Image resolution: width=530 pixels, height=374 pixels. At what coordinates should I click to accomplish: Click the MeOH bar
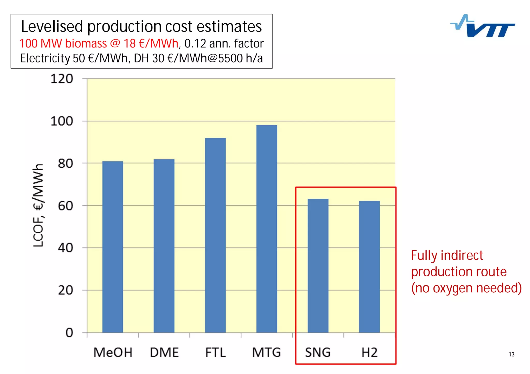113,247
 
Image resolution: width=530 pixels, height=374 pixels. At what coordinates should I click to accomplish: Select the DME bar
164,245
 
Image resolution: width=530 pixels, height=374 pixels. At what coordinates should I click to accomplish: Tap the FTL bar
215,235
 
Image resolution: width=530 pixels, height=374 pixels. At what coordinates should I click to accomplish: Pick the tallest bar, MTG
267,229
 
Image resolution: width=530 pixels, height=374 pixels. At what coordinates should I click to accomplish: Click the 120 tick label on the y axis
62,79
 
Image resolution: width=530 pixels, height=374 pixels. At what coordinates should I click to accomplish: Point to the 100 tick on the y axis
62,121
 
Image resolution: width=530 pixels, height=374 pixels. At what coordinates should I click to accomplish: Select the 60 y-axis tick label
65,206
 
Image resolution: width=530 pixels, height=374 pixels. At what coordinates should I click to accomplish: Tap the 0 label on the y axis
69,333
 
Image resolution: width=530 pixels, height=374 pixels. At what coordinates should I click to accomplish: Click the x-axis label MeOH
113,353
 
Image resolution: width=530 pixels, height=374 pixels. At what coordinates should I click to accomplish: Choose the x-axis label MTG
266,353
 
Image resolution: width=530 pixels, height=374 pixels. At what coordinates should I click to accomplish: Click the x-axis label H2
369,353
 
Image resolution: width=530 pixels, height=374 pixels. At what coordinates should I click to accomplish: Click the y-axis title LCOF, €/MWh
38,205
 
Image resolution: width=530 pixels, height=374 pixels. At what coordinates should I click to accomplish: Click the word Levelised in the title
52,27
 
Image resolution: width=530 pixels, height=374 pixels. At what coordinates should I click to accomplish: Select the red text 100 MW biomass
63,43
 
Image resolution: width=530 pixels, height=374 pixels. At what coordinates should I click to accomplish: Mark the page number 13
511,354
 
